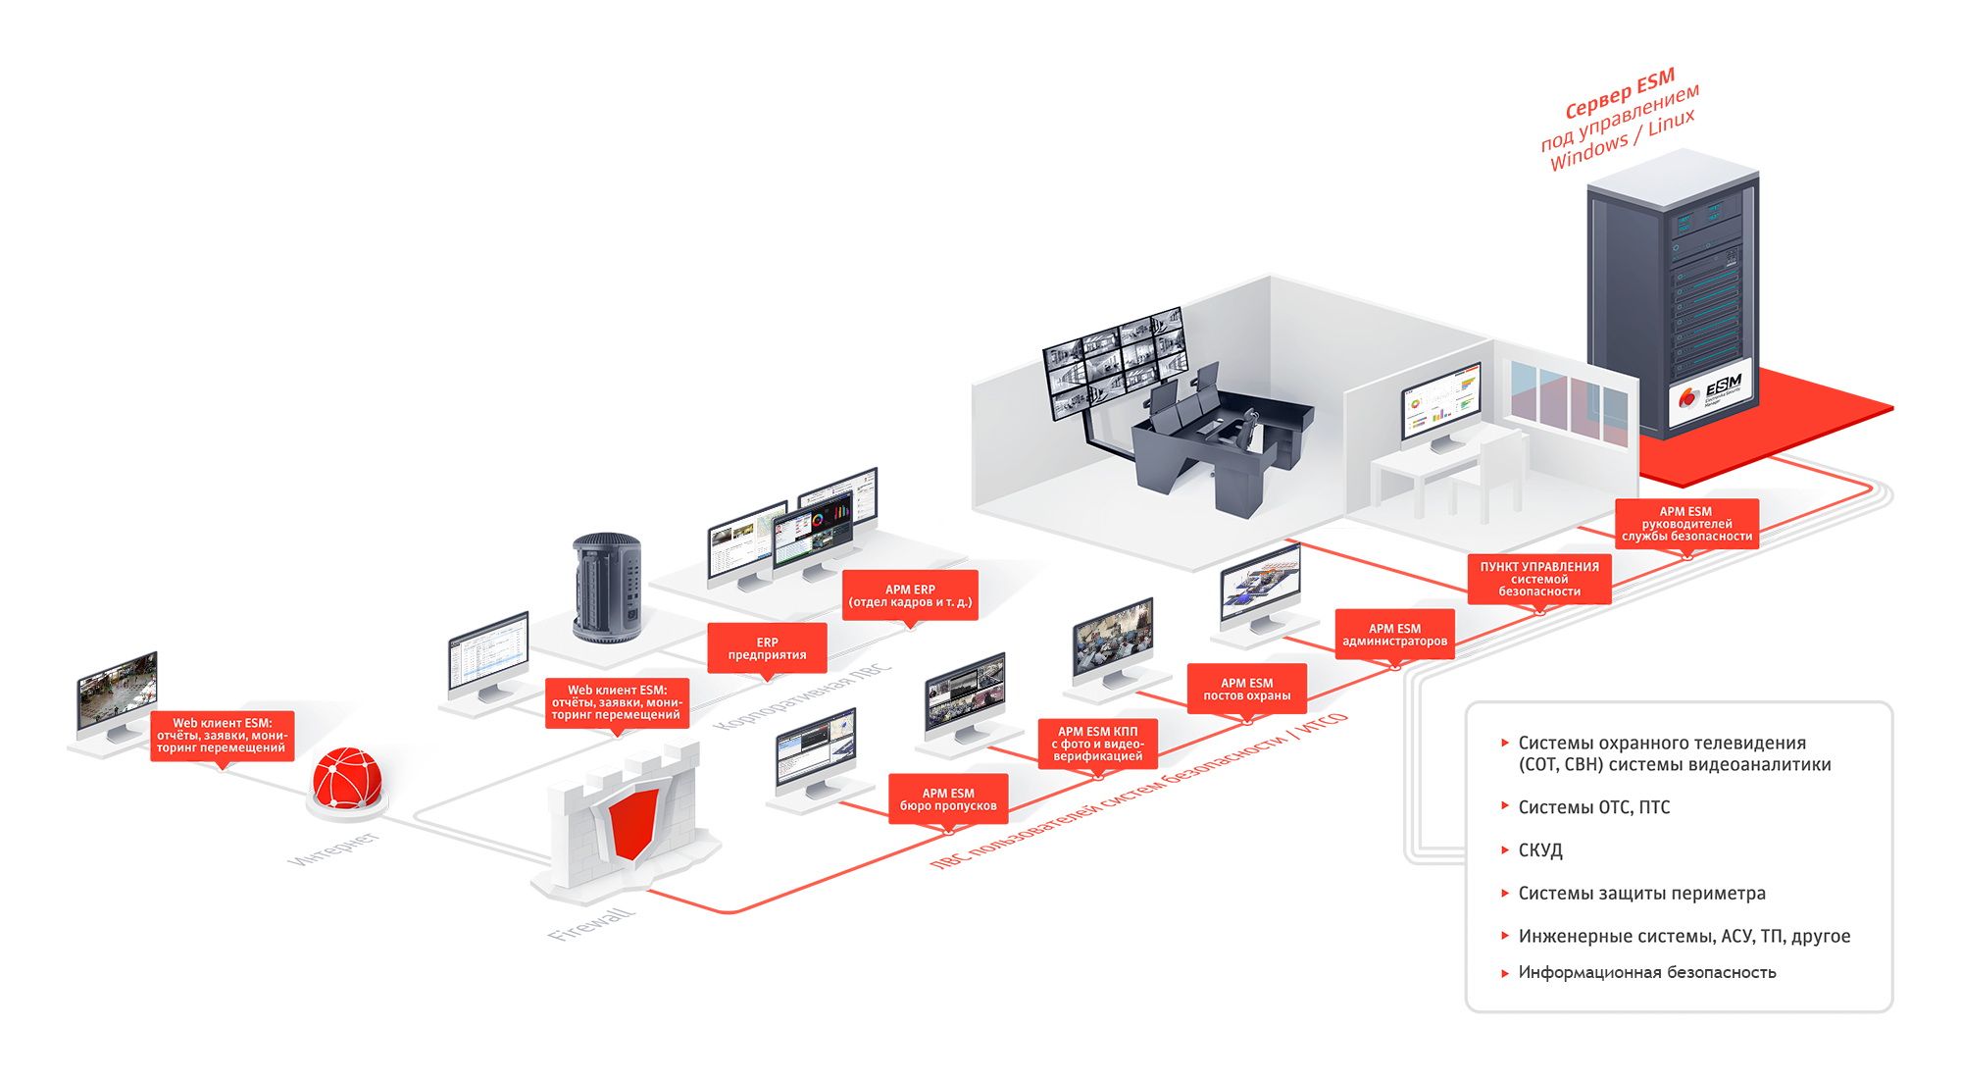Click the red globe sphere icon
pyautogui.click(x=347, y=778)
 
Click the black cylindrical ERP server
pyautogui.click(x=608, y=588)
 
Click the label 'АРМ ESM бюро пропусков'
pyautogui.click(x=948, y=799)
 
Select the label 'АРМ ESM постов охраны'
pyautogui.click(x=1246, y=690)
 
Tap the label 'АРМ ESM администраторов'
pyautogui.click(x=1394, y=635)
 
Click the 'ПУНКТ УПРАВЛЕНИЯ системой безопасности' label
pyautogui.click(x=1538, y=579)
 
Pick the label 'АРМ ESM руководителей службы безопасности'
pyautogui.click(x=1685, y=524)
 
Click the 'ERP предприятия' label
pyautogui.click(x=767, y=648)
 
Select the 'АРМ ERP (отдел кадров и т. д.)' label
pyautogui.click(x=910, y=595)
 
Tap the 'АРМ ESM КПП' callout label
pyautogui.click(x=1097, y=744)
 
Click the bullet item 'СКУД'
pyautogui.click(x=1540, y=850)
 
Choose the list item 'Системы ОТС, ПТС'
pyautogui.click(x=1593, y=807)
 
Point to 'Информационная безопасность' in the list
pyautogui.click(x=1646, y=972)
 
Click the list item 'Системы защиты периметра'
pyautogui.click(x=1641, y=894)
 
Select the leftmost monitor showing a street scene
pyautogui.click(x=117, y=689)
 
